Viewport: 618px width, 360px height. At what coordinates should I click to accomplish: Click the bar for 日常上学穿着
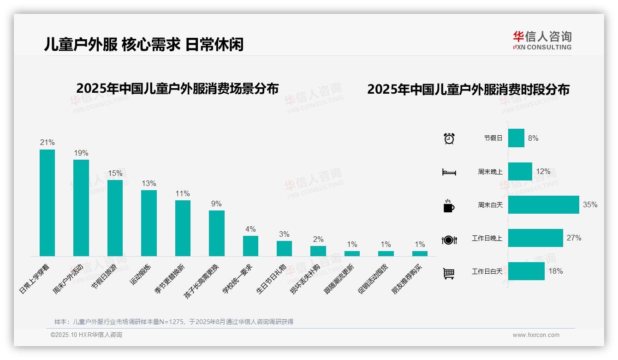tap(47, 203)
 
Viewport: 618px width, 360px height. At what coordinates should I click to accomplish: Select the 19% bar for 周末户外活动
tap(81, 208)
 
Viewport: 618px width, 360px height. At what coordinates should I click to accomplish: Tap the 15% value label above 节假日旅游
tap(115, 174)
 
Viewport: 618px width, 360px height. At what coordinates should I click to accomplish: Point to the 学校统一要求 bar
tap(250, 246)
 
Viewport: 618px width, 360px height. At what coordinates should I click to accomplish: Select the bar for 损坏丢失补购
tap(318, 251)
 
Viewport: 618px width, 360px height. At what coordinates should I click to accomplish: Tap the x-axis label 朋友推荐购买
tap(408, 280)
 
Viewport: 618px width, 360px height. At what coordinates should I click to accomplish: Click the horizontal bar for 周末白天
tap(543, 204)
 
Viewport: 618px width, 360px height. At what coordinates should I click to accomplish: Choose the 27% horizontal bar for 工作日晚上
tap(535, 238)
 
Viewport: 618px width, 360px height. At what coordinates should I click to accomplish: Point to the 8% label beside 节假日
tap(533, 138)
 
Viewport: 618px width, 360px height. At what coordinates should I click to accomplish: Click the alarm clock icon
tap(449, 138)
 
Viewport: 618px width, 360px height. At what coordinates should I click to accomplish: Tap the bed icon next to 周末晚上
tap(449, 172)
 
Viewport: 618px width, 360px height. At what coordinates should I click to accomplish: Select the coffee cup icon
tap(449, 206)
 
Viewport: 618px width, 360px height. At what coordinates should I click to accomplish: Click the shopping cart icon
tap(449, 273)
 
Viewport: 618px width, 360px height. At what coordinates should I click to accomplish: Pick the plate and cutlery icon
tap(449, 240)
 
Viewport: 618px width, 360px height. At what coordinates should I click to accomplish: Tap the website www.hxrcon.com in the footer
tap(536, 335)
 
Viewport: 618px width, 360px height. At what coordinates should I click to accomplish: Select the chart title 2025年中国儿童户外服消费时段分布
tap(468, 90)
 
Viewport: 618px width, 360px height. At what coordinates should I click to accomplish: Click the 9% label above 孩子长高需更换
tap(216, 204)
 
